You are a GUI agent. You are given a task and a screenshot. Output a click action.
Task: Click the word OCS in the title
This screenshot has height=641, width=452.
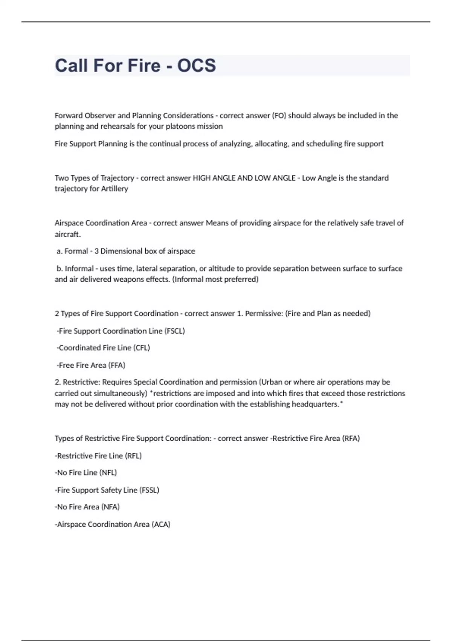point(197,65)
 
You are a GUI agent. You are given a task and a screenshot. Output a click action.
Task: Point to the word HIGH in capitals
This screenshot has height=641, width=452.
point(202,178)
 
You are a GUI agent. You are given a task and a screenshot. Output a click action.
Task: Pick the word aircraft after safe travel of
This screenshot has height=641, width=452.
point(67,234)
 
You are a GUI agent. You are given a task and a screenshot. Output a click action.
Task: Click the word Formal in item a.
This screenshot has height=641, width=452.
point(76,251)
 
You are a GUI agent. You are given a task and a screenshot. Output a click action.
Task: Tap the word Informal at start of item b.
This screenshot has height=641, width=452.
point(79,268)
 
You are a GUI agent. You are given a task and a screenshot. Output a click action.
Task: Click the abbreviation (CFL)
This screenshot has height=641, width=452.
point(142,348)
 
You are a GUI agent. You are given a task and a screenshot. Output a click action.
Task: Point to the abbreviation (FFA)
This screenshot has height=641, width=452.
point(117,365)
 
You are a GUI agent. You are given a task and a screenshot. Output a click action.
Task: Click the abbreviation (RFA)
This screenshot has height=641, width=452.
point(351,439)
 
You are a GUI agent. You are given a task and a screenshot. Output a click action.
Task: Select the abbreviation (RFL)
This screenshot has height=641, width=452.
point(133,456)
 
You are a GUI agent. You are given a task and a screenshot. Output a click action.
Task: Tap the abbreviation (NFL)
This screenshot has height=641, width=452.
point(108,473)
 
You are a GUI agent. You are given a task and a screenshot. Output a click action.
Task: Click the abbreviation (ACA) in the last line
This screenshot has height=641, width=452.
point(161,524)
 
